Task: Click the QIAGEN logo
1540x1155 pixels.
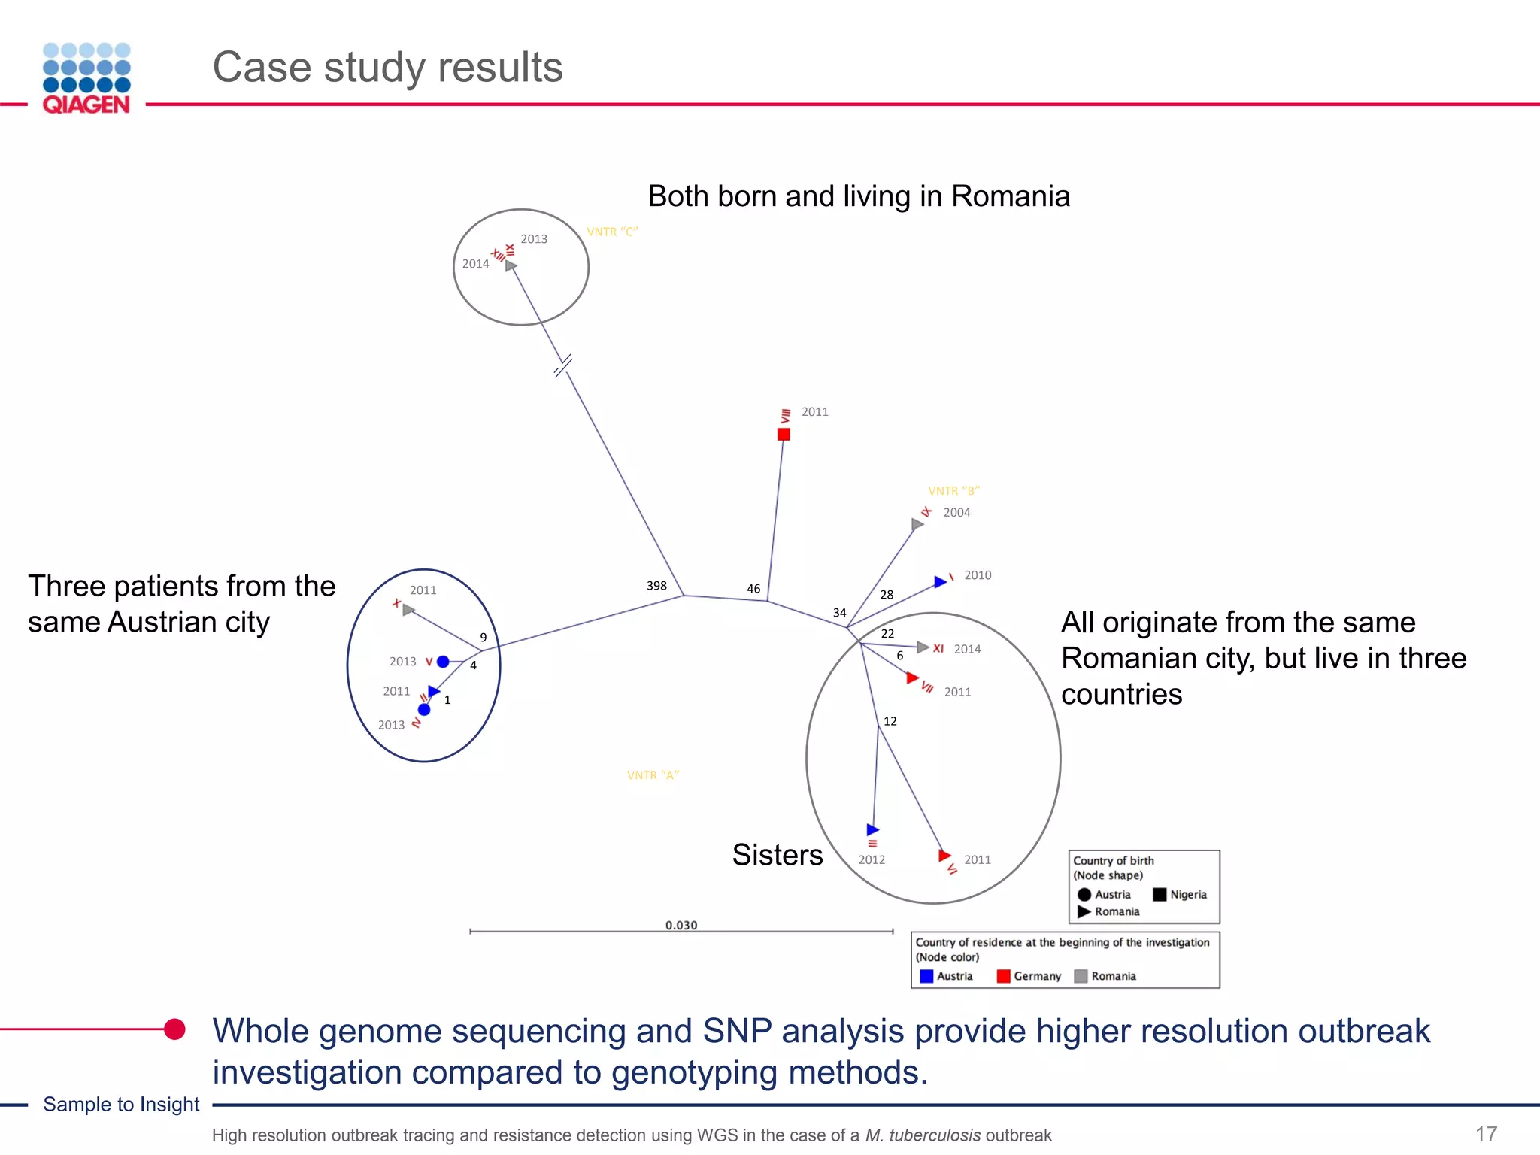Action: coord(86,78)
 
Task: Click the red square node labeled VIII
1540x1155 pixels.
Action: coord(784,434)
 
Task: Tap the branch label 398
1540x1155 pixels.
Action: coord(656,585)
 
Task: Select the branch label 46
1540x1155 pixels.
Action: coord(753,589)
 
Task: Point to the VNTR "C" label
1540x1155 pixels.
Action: coord(612,232)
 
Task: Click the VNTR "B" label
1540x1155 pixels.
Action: coord(953,491)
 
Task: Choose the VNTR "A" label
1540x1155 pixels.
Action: coord(653,775)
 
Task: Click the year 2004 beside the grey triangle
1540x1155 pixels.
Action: coord(956,512)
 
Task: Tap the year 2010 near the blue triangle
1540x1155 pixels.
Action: coord(978,575)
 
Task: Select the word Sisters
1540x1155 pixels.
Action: coord(778,855)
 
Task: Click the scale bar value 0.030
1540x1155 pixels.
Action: coord(681,925)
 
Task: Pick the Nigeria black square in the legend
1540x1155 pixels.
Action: coord(1160,894)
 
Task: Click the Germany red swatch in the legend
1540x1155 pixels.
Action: coord(1003,976)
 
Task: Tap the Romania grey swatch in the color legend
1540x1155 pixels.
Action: coord(1081,976)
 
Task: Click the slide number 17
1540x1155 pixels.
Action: coord(1486,1134)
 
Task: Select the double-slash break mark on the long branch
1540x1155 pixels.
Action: coord(562,366)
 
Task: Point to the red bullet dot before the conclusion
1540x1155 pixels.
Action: coord(174,1029)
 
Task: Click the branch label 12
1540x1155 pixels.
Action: coord(890,721)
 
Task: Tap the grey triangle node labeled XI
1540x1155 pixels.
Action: coord(923,647)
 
